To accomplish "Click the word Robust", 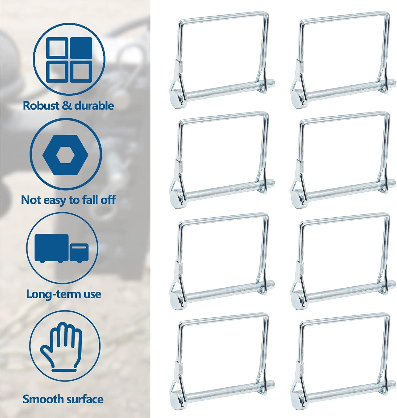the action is (41, 105).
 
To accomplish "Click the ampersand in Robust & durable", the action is (67, 105).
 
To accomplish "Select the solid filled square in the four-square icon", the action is (81, 48).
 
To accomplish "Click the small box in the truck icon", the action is (79, 253).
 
